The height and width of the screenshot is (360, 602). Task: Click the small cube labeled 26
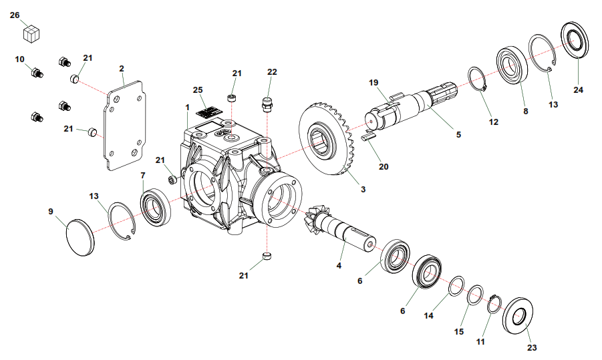(32, 33)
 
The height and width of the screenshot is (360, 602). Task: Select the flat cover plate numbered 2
(125, 125)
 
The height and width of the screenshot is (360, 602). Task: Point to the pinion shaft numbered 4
(338, 230)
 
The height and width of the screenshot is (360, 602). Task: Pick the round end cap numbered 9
(80, 237)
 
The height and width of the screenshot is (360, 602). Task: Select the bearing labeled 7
(155, 207)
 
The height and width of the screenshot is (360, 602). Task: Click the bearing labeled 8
(512, 65)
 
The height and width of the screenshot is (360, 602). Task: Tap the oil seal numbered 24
(575, 40)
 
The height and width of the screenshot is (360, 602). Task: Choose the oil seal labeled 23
(517, 315)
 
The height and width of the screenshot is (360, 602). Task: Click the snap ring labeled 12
(477, 79)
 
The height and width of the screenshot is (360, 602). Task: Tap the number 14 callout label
(428, 315)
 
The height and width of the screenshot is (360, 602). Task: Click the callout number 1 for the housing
(187, 108)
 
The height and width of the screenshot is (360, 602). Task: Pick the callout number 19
(373, 83)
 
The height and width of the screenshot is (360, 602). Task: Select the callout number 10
(19, 59)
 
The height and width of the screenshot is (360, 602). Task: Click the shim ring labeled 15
(475, 295)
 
